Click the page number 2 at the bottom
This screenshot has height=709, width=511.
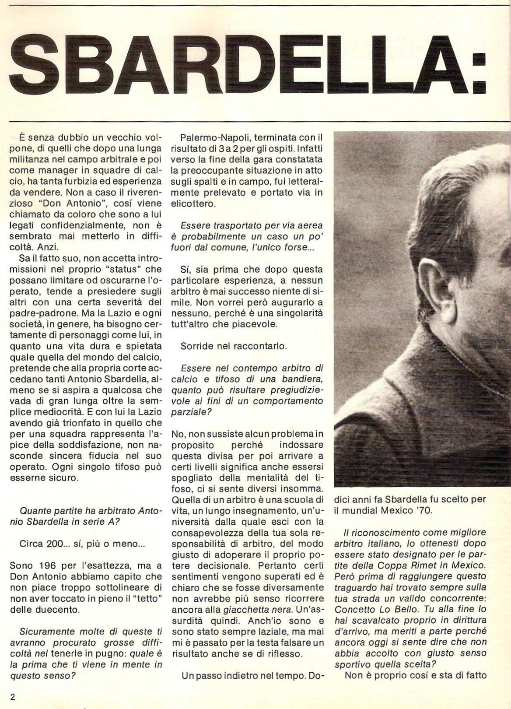click(x=13, y=697)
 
